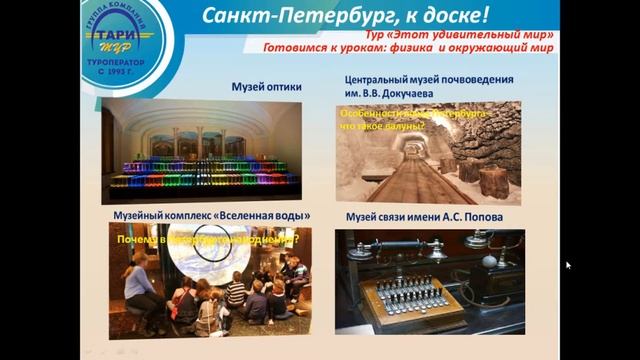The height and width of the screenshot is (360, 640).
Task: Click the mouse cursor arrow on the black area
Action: tap(568, 265)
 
